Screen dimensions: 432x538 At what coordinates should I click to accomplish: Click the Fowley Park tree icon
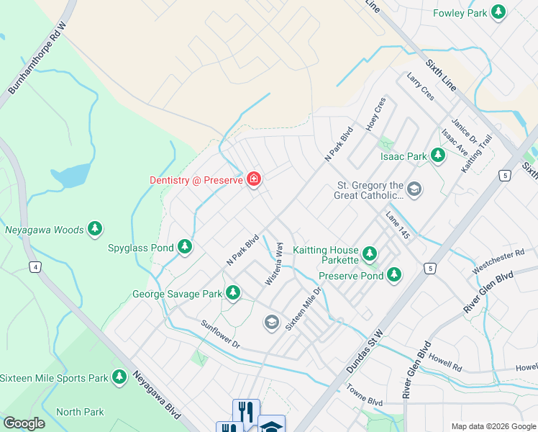498,12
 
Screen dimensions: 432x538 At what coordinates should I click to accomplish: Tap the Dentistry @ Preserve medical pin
253,179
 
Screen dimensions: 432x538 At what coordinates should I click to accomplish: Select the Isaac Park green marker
437,156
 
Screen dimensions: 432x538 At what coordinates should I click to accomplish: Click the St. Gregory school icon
414,189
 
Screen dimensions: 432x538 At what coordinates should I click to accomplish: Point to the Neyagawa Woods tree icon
94,229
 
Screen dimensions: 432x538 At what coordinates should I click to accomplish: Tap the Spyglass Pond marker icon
185,247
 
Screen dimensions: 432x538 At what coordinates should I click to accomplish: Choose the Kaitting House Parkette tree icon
369,253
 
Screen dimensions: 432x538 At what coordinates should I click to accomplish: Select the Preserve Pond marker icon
393,274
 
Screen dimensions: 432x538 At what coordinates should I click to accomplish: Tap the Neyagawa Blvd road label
155,401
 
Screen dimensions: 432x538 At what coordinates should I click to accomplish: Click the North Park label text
80,412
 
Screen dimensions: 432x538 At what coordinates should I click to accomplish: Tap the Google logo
24,423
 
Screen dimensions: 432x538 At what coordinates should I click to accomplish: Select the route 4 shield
34,268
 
